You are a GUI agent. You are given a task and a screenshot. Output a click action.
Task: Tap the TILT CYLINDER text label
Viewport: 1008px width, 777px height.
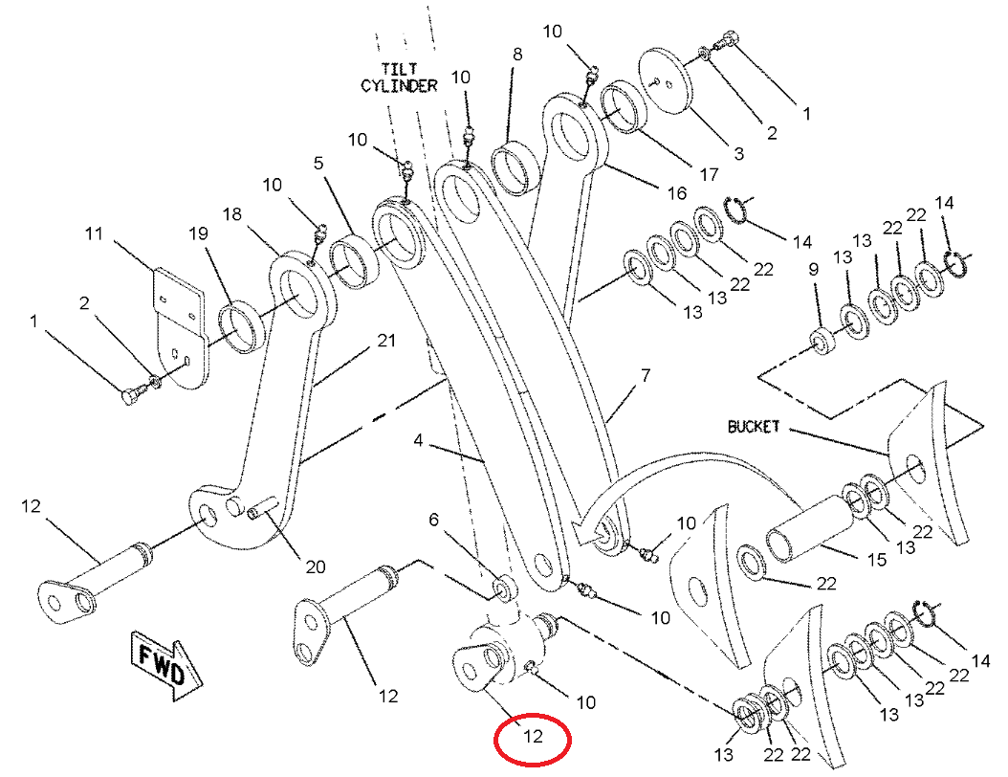coord(398,78)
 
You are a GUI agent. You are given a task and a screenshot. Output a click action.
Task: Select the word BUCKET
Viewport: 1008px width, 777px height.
coord(753,426)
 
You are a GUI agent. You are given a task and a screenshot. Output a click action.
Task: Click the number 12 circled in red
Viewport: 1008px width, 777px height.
coord(532,737)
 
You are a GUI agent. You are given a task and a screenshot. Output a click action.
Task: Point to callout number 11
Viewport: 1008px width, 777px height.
coord(93,233)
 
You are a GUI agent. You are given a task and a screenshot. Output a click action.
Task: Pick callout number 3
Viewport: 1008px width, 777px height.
coord(738,153)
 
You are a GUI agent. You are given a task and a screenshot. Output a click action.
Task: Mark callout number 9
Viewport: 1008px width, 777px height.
coord(814,271)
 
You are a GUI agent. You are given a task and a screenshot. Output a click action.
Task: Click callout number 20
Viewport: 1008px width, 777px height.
coord(315,566)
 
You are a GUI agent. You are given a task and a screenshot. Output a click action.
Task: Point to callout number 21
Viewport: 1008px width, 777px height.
coord(385,341)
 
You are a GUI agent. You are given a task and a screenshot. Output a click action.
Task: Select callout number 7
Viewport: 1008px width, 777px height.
coord(645,375)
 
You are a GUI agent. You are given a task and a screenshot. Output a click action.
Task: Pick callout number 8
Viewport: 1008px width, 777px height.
coord(517,55)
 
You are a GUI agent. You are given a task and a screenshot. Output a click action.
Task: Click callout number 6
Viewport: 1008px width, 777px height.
coord(433,520)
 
